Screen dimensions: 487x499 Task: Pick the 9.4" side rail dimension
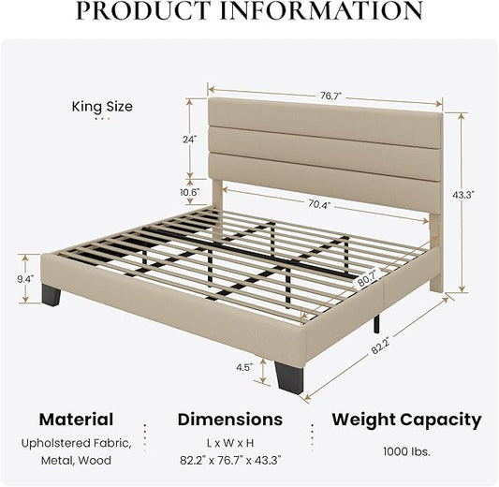pos(25,279)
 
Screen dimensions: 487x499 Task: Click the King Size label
pos(102,107)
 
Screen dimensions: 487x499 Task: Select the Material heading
pos(77,420)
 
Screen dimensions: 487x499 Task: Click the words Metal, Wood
pos(77,461)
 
